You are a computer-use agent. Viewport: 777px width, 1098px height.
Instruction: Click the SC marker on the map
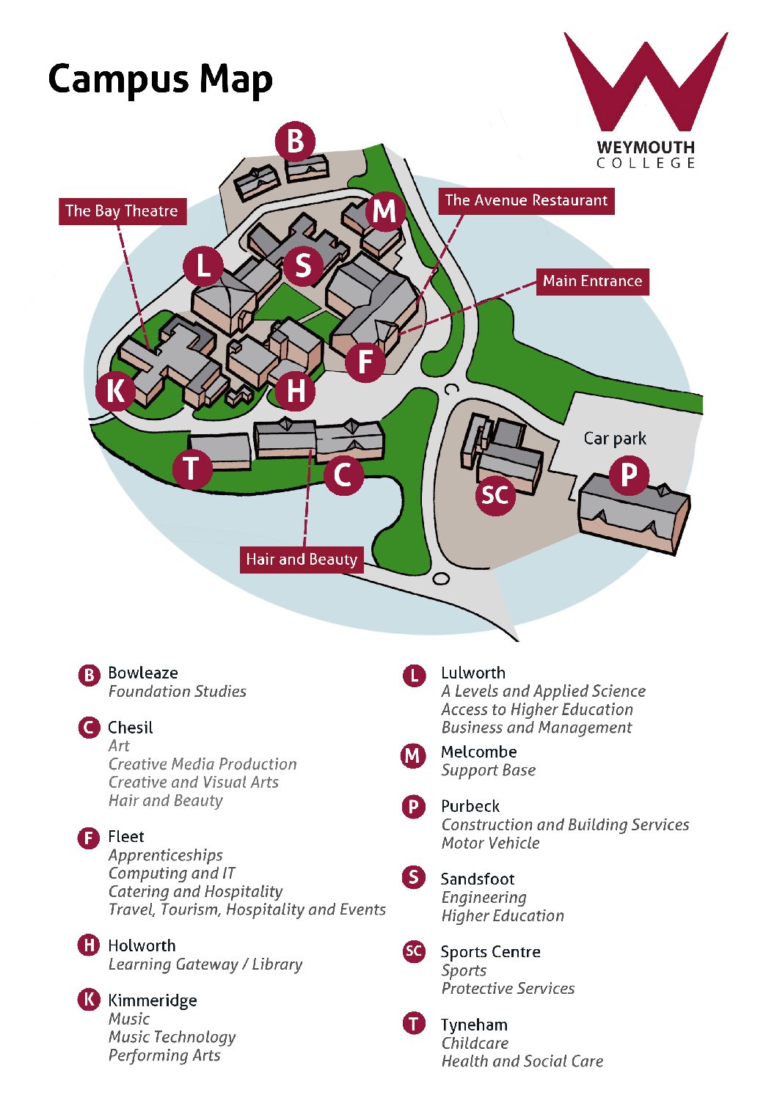click(495, 495)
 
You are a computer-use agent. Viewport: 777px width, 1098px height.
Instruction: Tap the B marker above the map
click(295, 141)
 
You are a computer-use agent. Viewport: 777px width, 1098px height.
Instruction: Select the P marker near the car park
click(628, 475)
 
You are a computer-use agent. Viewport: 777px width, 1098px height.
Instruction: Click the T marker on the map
click(192, 468)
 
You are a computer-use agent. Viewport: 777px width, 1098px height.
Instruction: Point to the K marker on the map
click(115, 391)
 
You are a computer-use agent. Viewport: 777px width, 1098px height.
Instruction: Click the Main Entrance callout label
click(592, 281)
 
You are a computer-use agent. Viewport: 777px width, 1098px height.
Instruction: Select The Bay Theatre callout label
click(122, 211)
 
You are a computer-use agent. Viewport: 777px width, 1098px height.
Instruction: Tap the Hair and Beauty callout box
click(302, 560)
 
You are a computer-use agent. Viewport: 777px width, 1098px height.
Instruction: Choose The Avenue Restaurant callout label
click(526, 200)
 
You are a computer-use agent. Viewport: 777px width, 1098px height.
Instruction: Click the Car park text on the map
click(615, 439)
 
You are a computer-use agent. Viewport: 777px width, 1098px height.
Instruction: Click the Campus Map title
click(160, 79)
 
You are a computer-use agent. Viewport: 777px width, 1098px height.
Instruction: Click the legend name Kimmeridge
click(152, 1000)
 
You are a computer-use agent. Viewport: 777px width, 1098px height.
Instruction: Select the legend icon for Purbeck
click(413, 807)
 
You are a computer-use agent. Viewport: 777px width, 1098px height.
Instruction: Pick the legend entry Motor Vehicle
click(490, 843)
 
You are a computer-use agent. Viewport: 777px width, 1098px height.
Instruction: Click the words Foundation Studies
click(177, 691)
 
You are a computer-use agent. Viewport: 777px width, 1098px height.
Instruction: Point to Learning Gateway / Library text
click(205, 965)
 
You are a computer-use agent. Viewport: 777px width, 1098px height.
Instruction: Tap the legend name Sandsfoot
click(478, 879)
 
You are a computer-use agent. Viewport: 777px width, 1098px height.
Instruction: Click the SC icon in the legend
click(414, 951)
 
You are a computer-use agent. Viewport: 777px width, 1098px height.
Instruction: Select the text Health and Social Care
click(522, 1061)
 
